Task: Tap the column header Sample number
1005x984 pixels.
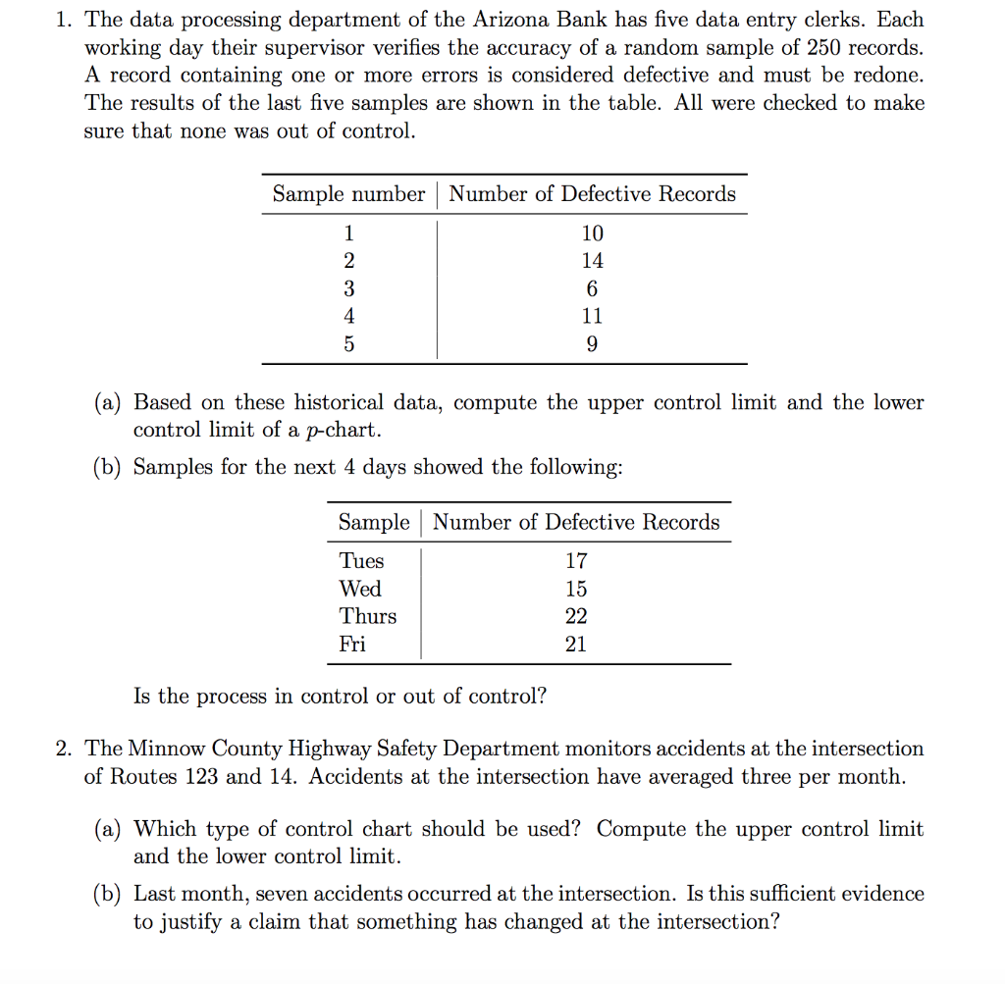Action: (348, 194)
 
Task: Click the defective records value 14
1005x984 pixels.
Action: (593, 261)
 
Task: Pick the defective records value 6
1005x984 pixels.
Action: (593, 288)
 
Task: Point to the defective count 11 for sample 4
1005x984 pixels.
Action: (593, 316)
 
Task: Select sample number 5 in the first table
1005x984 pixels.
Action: (348, 344)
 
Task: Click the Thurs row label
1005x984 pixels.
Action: (368, 616)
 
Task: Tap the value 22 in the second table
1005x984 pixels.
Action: (576, 616)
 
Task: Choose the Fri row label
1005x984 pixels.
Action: (352, 644)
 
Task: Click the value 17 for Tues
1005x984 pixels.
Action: (576, 561)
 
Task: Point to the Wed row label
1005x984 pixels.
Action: (360, 589)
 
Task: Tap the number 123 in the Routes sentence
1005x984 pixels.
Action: (200, 776)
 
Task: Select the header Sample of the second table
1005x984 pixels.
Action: (373, 523)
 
